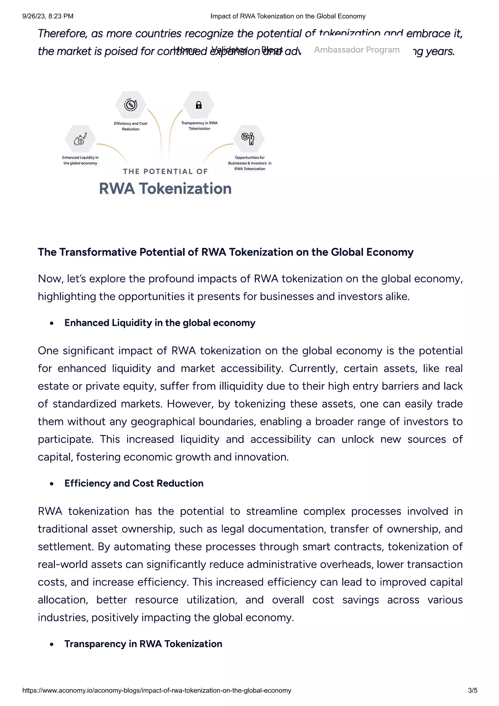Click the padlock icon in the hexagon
pos(199,105)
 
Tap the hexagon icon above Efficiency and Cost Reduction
pos(131,105)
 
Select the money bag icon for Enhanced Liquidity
pos(80,139)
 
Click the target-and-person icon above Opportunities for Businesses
pos(249,139)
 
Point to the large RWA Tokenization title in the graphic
pos(165,188)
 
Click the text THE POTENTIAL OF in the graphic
pos(165,171)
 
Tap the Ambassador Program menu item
pos(357,50)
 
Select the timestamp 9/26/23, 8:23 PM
pos(48,16)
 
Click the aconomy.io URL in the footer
pos(157,690)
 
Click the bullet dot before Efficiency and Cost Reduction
pos(52,484)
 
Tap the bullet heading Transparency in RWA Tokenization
pos(143,644)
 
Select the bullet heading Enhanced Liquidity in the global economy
pos(160,323)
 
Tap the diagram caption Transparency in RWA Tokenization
pos(199,126)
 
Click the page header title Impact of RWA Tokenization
pos(288,16)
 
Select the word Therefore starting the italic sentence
pos(63,33)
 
